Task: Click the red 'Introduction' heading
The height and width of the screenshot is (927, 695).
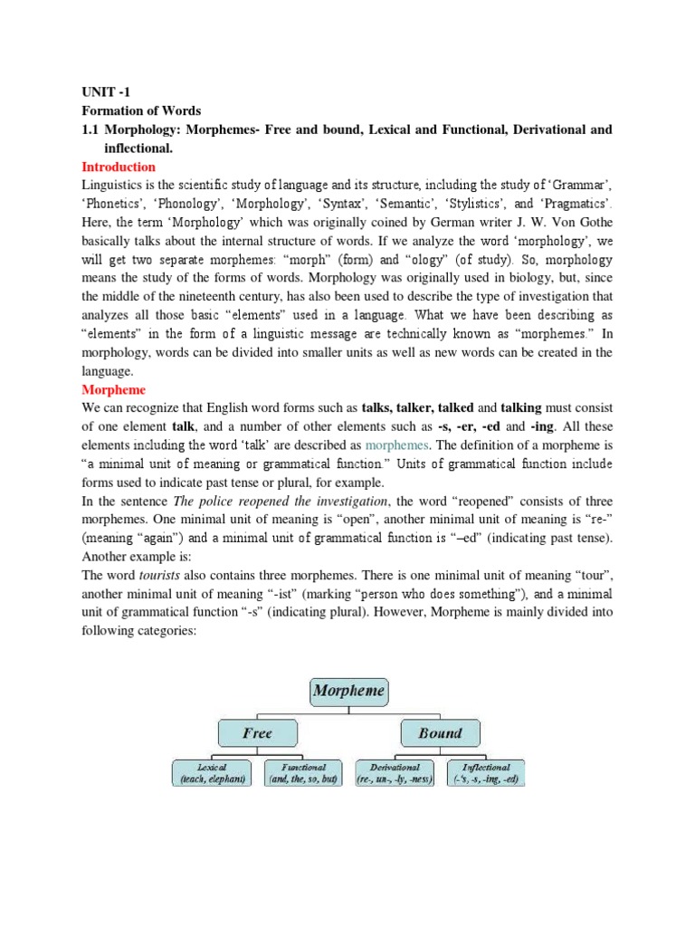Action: pos(119,167)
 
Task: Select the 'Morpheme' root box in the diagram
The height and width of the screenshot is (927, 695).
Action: pos(348,692)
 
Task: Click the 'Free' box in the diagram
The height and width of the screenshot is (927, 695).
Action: pos(257,733)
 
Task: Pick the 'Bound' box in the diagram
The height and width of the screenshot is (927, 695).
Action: pos(440,733)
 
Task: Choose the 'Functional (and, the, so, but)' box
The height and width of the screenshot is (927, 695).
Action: pos(303,773)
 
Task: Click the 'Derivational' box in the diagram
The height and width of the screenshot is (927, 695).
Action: pos(395,773)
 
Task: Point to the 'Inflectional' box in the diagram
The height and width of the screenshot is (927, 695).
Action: pos(487,773)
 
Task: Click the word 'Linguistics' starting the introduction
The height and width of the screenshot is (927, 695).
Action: pos(111,185)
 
